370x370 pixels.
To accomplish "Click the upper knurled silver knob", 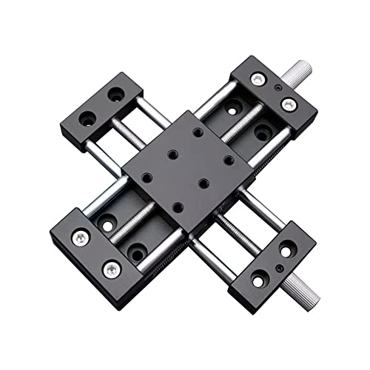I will [x=300, y=72].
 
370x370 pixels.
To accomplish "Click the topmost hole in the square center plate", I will [x=199, y=132].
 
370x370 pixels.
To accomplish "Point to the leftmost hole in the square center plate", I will [x=147, y=178].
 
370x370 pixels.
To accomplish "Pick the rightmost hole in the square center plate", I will [x=229, y=160].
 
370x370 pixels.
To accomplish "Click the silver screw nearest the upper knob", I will [x=289, y=103].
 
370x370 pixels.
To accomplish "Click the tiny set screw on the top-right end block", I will [x=277, y=87].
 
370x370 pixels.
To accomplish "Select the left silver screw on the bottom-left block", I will [x=80, y=238].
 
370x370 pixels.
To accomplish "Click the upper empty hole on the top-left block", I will [x=116, y=95].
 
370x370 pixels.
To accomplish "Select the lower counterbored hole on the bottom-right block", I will [x=258, y=280].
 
